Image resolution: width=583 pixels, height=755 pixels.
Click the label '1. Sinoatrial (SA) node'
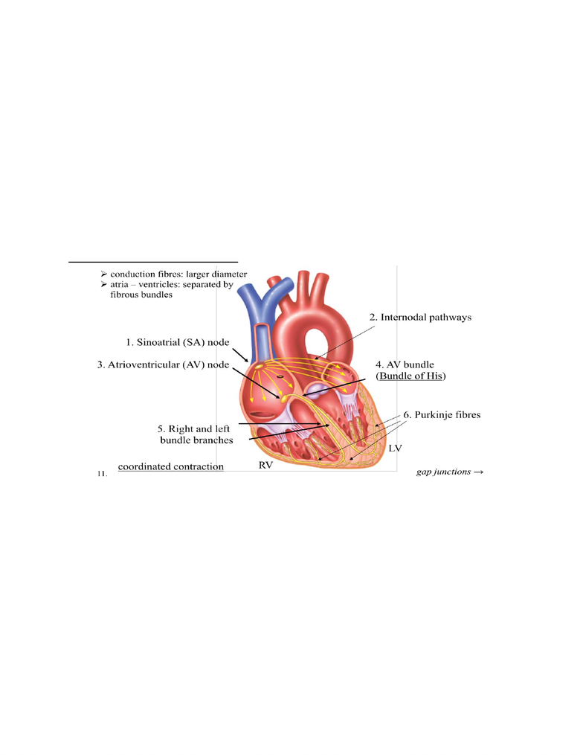tap(178, 342)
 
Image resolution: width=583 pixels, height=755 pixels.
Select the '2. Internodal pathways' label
tap(420, 318)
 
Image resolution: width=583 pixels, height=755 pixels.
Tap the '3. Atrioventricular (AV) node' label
tap(163, 364)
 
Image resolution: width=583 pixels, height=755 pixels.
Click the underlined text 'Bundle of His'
tap(410, 376)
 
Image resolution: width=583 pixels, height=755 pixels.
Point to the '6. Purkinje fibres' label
tap(442, 414)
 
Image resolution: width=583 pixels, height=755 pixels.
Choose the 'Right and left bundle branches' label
tap(195, 434)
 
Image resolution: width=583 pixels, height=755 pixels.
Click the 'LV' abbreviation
tap(396, 449)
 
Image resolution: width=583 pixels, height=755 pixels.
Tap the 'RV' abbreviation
tap(265, 465)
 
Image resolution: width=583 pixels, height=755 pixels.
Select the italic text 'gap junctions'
tap(443, 472)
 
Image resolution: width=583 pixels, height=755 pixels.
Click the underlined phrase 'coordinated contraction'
tap(171, 466)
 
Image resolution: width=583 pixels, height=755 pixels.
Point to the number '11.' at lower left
tap(102, 474)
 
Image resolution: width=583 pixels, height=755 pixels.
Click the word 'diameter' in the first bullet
tap(229, 274)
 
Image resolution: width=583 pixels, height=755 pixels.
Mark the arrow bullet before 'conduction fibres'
tap(104, 274)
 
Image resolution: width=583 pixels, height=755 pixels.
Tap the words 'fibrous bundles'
tap(141, 295)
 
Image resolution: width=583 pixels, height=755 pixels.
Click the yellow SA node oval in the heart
tap(259, 367)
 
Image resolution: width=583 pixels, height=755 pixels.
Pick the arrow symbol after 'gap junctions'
tap(478, 472)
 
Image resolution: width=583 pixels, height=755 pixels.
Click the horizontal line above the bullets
tap(153, 262)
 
